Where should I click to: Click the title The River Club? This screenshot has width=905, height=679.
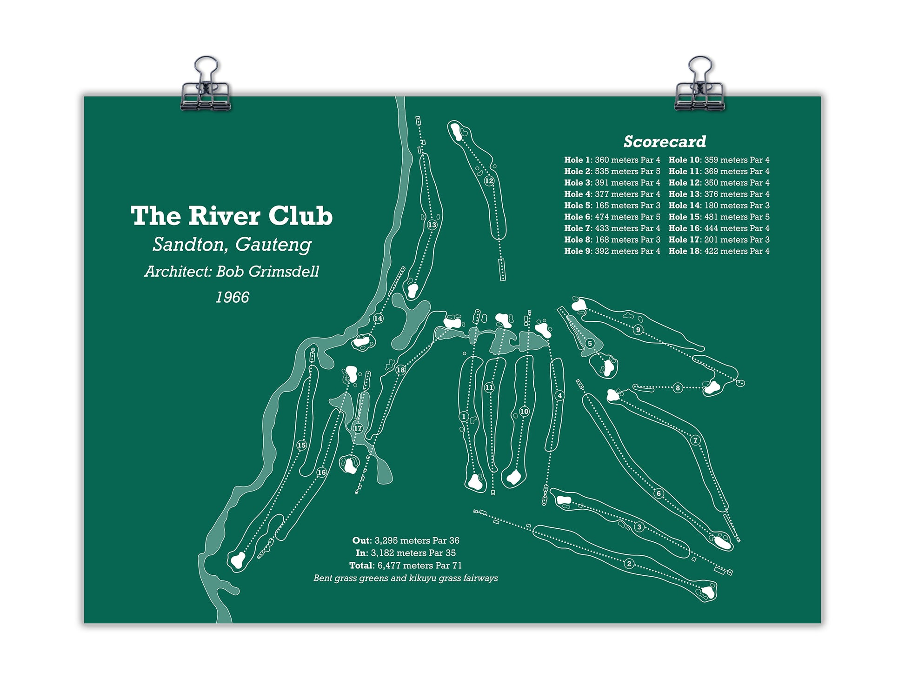[232, 216]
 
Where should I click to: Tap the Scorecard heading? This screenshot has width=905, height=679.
[665, 141]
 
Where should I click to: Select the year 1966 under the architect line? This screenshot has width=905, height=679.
[232, 297]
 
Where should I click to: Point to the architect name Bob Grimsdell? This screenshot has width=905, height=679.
[268, 272]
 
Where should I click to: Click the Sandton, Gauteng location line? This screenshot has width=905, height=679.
[232, 245]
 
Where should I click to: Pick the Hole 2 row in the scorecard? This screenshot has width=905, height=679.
[612, 171]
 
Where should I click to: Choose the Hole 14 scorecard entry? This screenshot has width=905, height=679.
[719, 205]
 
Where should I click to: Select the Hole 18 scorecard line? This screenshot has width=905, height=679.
[719, 251]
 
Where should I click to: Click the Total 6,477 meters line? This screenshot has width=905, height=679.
[406, 566]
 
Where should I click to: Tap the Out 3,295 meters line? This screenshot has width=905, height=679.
[406, 540]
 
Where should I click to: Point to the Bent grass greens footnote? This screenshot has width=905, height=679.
[406, 578]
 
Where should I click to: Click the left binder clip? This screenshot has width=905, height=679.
[205, 85]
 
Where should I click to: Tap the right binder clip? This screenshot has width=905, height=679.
[699, 85]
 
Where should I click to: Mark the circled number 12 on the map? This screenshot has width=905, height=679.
[489, 181]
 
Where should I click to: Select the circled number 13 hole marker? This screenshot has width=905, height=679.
[432, 225]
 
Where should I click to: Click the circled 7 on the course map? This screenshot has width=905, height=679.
[696, 440]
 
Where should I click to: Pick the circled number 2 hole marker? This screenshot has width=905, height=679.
[629, 564]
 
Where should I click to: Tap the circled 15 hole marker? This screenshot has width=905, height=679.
[301, 446]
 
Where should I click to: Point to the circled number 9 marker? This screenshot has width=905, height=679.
[638, 330]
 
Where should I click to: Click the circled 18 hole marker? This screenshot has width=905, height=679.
[400, 370]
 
